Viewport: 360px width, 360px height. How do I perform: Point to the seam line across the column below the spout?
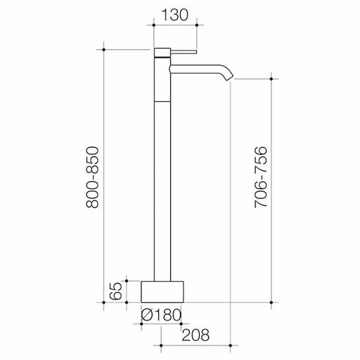click(x=161, y=100)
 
